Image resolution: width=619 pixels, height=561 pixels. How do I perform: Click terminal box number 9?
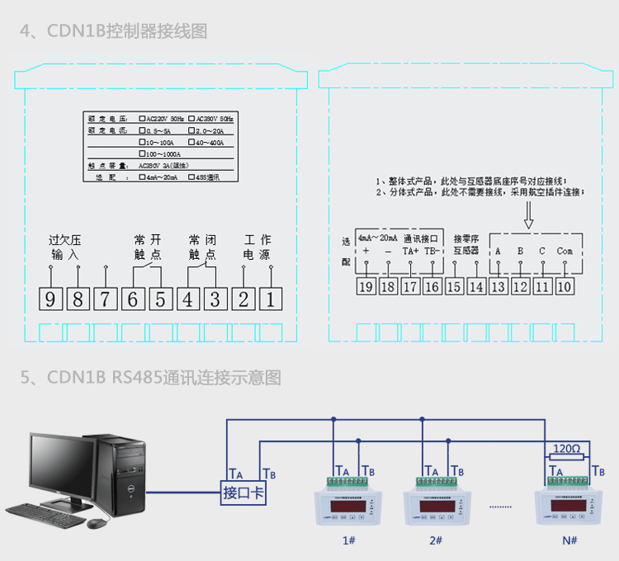pos(51,298)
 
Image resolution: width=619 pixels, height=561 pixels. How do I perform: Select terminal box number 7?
pos(106,298)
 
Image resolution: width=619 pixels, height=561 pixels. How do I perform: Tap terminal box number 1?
pos(270,298)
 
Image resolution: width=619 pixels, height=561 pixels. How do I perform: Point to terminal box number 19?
pos(366,286)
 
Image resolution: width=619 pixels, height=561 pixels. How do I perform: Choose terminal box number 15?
pos(454,286)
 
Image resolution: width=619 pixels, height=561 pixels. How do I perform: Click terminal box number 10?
pos(564,286)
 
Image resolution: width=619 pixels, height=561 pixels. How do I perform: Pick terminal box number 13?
pos(498,286)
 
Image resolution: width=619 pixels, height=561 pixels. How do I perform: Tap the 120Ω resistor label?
pos(567,449)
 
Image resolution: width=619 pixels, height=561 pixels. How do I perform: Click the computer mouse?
pos(97,523)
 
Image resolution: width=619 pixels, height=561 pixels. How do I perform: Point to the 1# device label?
pos(349,540)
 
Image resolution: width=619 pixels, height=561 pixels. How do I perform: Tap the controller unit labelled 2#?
pos(436,503)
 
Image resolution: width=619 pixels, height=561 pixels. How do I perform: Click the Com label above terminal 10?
pos(564,250)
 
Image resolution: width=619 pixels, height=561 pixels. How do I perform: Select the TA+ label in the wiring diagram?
pos(410,250)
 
